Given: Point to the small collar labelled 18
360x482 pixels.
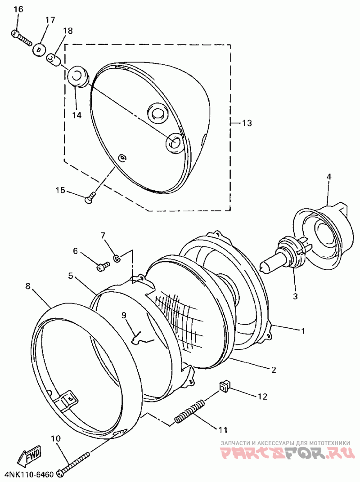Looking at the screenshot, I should point(54,58).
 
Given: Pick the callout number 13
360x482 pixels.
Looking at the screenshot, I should point(247,123).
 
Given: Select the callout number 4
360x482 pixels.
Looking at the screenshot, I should point(328,177).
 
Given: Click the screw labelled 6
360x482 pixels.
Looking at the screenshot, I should point(103,266).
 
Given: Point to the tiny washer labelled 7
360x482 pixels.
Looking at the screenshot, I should point(117,258).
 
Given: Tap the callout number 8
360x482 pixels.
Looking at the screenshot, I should point(28,286).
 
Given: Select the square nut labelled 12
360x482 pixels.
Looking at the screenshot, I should point(224,385).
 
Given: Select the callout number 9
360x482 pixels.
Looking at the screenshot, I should point(124,315).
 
